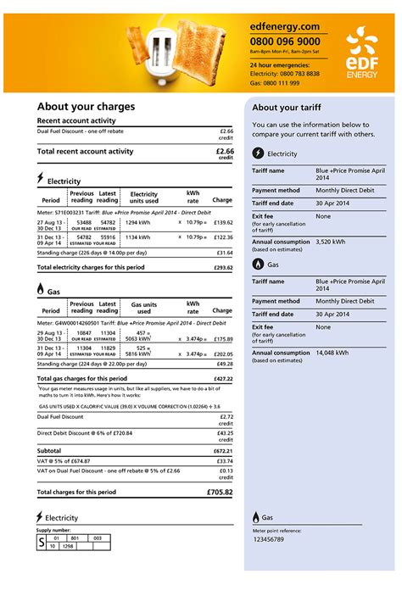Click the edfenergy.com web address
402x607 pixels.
pos(284,26)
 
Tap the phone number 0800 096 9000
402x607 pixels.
pos(285,41)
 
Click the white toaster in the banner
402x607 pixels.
pos(160,50)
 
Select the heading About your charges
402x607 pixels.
pos(86,107)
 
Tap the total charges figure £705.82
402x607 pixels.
pos(219,492)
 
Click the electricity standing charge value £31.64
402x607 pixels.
pos(224,253)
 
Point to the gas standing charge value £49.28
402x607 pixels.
pos(224,364)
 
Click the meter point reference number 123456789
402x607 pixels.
pos(269,539)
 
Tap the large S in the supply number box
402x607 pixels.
pos(42,542)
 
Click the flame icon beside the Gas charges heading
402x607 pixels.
pos(41,289)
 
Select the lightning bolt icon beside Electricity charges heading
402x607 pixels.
pos(41,179)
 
